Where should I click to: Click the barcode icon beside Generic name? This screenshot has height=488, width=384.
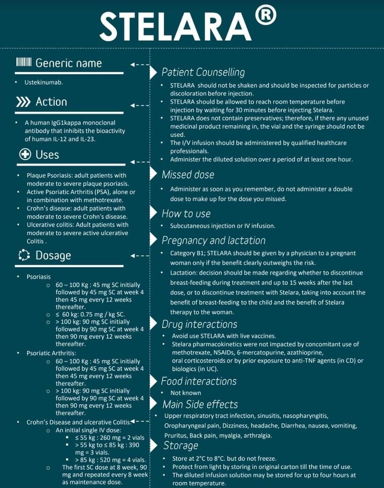pyautogui.click(x=23, y=62)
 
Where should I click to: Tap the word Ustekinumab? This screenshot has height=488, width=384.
pyautogui.click(x=44, y=82)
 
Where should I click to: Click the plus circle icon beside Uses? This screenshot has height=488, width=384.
pyautogui.click(x=25, y=155)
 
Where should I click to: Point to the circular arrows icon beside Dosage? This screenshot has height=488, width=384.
pyautogui.click(x=24, y=255)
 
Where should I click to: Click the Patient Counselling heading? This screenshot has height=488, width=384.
pyautogui.click(x=203, y=72)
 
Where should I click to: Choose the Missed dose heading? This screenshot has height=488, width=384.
pyautogui.click(x=188, y=175)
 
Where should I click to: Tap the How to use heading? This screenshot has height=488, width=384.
pyautogui.click(x=186, y=213)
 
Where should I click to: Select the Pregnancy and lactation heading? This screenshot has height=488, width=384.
pyautogui.click(x=213, y=240)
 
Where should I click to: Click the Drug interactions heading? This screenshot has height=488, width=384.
pyautogui.click(x=199, y=324)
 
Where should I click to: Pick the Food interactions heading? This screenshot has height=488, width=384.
pyautogui.click(x=199, y=381)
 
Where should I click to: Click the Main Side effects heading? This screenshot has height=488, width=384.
pyautogui.click(x=200, y=404)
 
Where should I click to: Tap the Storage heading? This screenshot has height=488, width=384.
pyautogui.click(x=180, y=446)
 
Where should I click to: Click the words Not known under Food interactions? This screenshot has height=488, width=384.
pyautogui.click(x=185, y=393)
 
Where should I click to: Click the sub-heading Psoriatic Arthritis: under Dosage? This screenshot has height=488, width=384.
pyautogui.click(x=51, y=353)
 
